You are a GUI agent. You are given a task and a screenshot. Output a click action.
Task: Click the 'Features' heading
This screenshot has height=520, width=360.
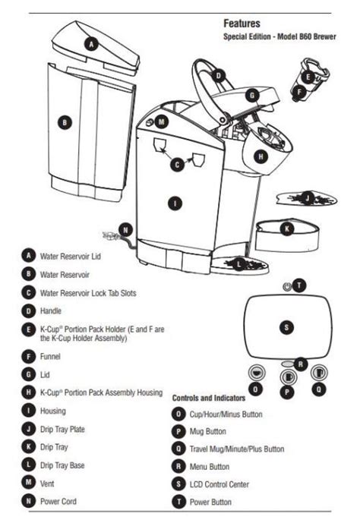(242, 24)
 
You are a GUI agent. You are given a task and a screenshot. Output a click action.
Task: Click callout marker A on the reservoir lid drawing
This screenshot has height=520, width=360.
(91, 44)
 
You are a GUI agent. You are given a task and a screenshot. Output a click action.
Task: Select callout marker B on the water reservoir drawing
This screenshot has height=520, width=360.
(66, 122)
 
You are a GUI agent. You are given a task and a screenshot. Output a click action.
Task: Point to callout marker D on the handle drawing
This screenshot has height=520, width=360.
(218, 76)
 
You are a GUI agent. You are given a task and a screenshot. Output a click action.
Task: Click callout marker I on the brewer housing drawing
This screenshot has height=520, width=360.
(175, 203)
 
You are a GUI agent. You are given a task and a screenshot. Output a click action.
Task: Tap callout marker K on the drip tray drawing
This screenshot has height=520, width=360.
(286, 228)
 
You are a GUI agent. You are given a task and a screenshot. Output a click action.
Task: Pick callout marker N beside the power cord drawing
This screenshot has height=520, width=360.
(125, 230)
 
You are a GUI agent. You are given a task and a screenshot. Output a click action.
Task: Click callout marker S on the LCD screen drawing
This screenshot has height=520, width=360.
(286, 327)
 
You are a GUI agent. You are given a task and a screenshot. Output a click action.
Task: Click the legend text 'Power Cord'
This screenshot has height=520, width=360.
(58, 501)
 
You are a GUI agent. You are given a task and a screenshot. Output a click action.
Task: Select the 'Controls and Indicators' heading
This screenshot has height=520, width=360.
(210, 397)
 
